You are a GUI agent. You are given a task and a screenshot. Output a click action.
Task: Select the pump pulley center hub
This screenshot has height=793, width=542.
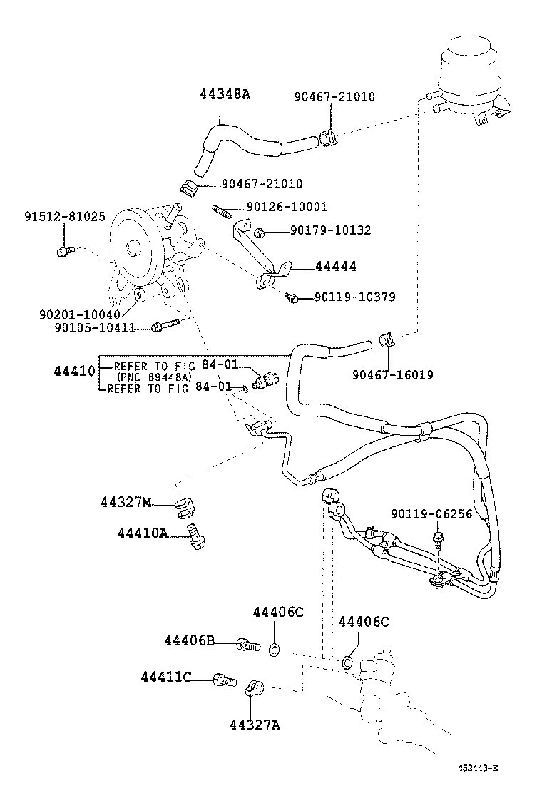coord(133,247)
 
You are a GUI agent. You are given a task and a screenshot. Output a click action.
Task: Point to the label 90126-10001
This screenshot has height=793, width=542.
coord(286,207)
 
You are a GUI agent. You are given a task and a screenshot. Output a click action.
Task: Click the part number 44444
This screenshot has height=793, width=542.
coord(335,267)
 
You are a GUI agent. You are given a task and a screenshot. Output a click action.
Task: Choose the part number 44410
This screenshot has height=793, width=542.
coord(74,372)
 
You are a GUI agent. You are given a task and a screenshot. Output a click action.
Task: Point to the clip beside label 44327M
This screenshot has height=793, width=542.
coord(185,507)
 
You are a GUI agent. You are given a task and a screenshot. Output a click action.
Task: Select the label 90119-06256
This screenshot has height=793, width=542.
coord(431,513)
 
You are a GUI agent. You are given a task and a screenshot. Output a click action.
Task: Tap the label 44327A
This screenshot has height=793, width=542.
coord(255,725)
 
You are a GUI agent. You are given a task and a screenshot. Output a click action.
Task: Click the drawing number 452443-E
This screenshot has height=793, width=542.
coord(478,768)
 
